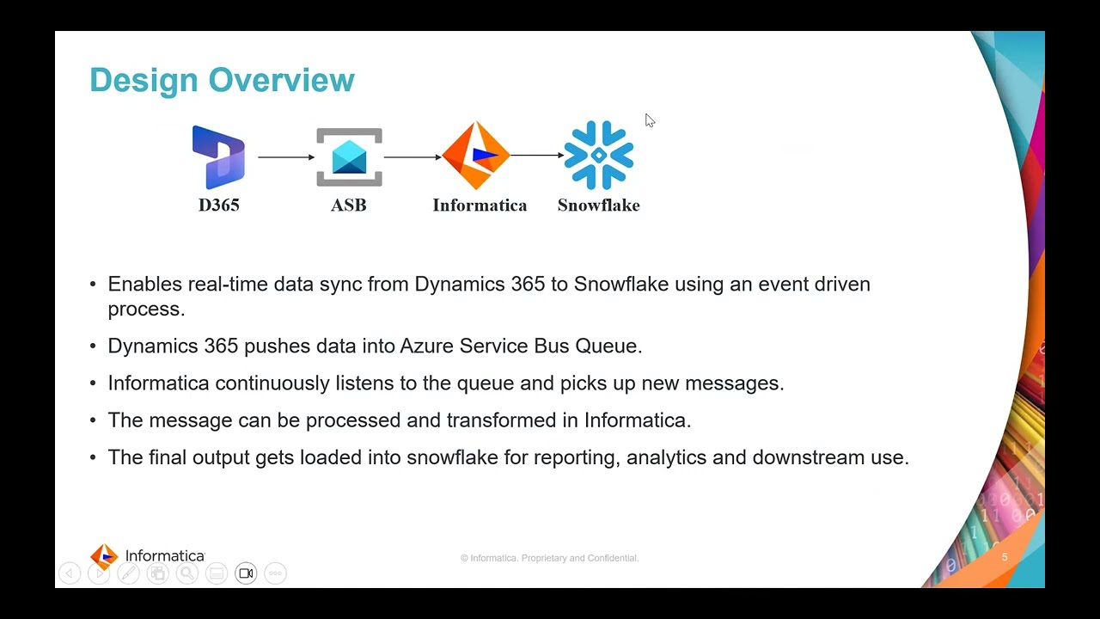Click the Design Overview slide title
[x=222, y=80]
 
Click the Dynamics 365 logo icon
[x=218, y=156]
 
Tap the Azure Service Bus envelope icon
[x=349, y=157]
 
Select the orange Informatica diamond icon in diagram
[x=475, y=156]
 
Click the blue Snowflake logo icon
[x=599, y=156]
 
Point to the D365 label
[x=218, y=205]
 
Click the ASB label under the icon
[x=349, y=205]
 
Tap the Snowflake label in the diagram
[x=598, y=205]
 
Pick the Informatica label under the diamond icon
[x=480, y=205]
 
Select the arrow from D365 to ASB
[x=286, y=157]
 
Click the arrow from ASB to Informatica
[x=412, y=157]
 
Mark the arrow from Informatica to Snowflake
[x=537, y=156]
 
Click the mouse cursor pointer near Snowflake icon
[x=650, y=120]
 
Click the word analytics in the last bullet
[x=666, y=457]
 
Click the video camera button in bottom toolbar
[x=246, y=573]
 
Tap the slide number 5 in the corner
[x=1005, y=557]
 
